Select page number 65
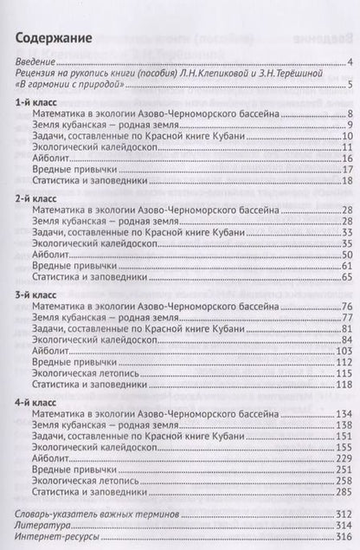[343, 277]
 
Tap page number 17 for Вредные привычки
[343, 168]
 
